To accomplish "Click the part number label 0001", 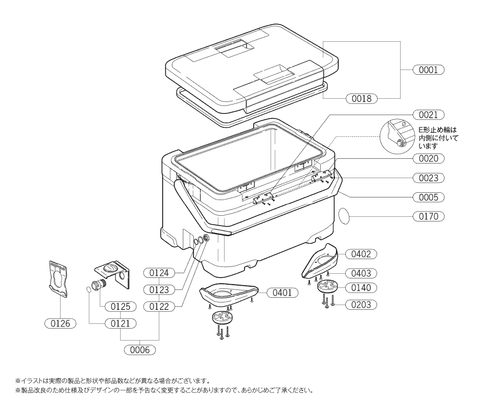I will click(428, 69).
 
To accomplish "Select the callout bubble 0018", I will click(361, 98).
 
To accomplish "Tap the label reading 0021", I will click(428, 114).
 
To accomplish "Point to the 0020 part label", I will click(428, 158).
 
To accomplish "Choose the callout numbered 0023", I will click(428, 178).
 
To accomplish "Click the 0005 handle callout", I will click(428, 197).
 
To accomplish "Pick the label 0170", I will click(428, 216).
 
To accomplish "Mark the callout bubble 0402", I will click(361, 254).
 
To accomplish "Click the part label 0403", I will click(361, 273).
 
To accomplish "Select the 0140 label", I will click(361, 288).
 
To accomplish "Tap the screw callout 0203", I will click(361, 305).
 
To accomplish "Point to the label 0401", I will click(283, 293).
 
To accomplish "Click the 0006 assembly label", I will click(140, 350).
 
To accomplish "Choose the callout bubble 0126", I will click(61, 323).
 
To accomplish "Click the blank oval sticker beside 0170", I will click(345, 215).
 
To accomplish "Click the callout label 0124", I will click(159, 273).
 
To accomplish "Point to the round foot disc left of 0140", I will click(329, 287).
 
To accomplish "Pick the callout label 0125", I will click(121, 306).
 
